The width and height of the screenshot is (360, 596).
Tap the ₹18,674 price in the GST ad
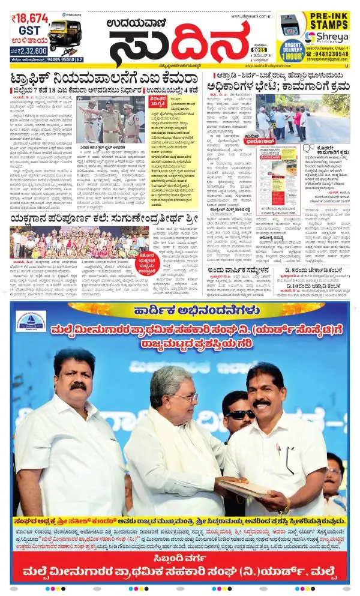click(29, 19)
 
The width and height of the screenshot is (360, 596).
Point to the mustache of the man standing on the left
click(78, 385)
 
